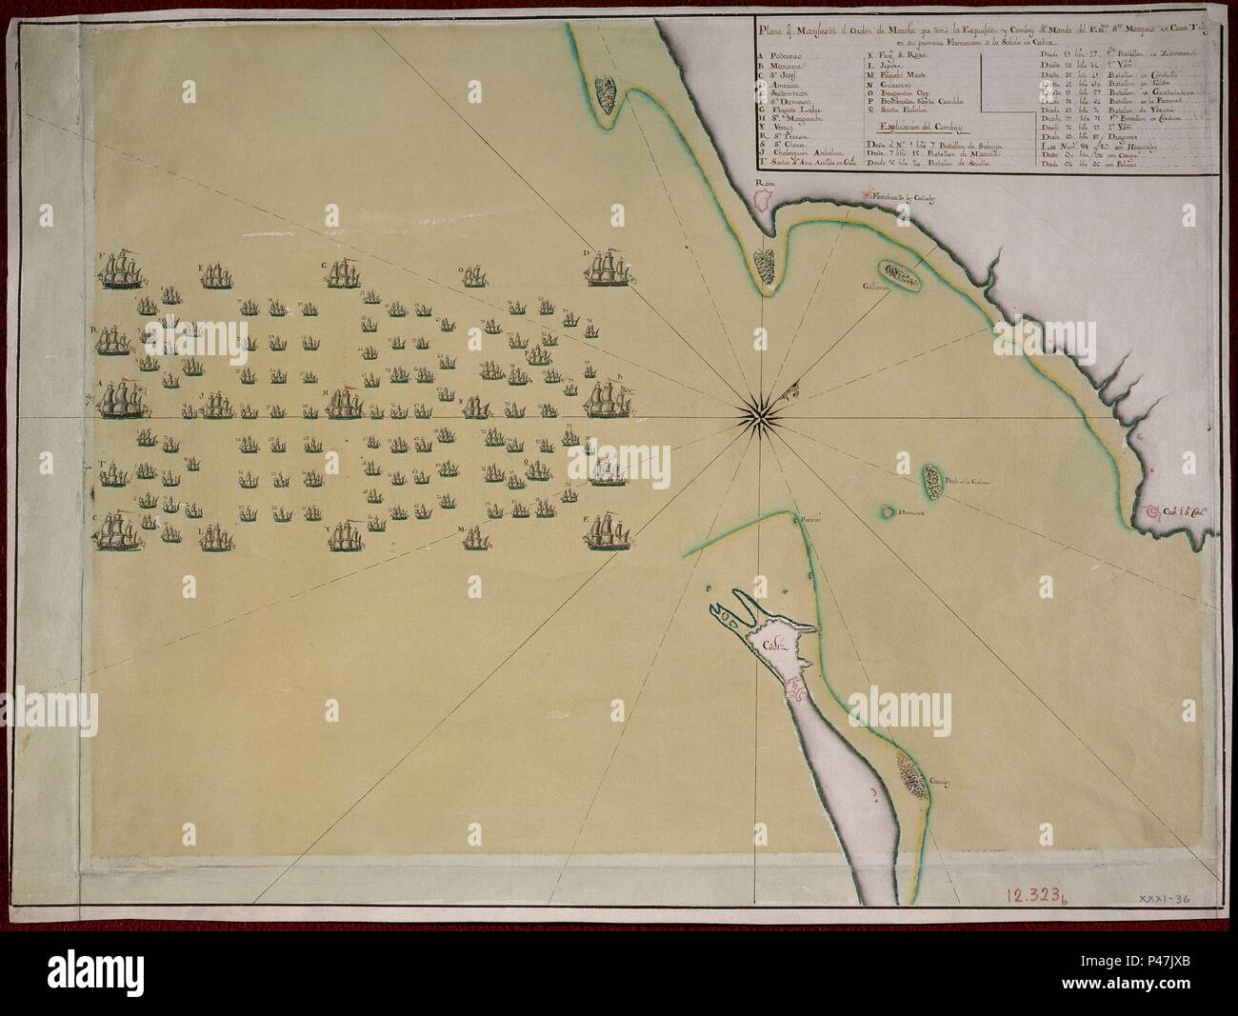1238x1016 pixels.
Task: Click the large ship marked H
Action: [x=344, y=403]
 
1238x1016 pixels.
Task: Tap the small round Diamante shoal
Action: [x=888, y=512]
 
